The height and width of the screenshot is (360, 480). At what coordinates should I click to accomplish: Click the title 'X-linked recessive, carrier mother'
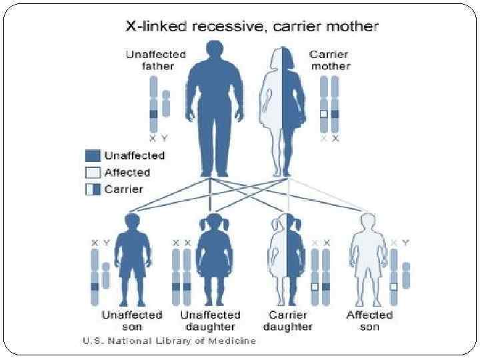(x=252, y=27)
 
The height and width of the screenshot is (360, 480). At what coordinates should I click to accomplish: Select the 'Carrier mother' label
(x=329, y=60)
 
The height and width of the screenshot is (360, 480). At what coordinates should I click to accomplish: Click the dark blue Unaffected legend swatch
(x=93, y=155)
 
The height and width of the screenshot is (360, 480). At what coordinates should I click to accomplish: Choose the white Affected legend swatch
(x=93, y=172)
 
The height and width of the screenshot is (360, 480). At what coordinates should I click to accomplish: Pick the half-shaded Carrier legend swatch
(x=93, y=189)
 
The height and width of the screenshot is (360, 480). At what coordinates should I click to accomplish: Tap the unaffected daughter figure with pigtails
(x=213, y=257)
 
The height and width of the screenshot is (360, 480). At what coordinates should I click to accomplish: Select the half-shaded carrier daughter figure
(x=288, y=257)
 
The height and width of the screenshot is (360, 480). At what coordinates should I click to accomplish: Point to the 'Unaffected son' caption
(x=132, y=321)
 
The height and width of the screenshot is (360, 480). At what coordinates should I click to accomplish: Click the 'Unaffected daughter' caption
(x=211, y=321)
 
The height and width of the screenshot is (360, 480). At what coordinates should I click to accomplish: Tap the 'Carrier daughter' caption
(x=288, y=321)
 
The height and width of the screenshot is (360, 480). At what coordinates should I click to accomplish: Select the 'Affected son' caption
(x=369, y=321)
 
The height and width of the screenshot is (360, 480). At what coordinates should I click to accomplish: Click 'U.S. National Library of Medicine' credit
(x=169, y=341)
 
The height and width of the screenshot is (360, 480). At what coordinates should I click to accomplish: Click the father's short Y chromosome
(x=166, y=103)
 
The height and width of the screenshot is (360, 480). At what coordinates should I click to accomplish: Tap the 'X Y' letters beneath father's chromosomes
(x=159, y=138)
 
